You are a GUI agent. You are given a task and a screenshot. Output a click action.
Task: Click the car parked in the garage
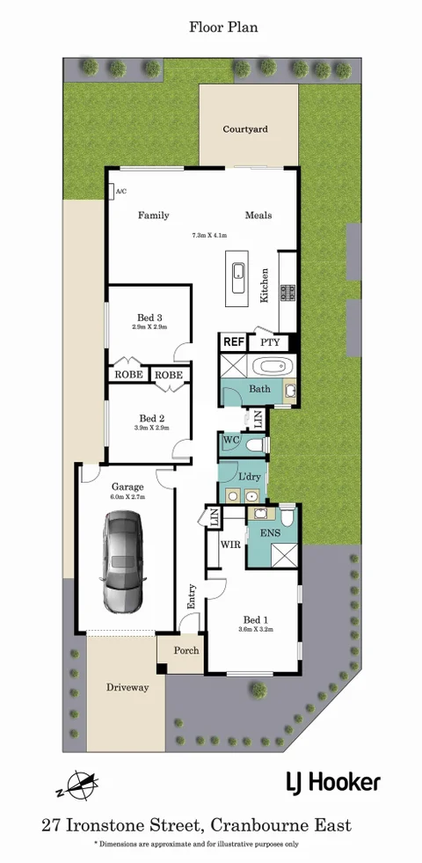122,562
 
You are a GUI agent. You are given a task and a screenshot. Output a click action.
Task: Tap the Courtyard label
245,129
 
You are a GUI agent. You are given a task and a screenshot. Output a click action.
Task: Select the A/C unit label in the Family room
119,191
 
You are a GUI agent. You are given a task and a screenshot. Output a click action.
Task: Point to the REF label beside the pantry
233,341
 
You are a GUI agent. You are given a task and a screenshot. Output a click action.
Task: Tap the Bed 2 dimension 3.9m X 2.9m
150,428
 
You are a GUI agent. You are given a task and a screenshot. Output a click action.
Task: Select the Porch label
186,651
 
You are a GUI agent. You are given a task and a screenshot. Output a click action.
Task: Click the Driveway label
127,687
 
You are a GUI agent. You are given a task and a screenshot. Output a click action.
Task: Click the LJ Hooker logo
332,781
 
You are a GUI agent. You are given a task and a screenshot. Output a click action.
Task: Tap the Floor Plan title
223,28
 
